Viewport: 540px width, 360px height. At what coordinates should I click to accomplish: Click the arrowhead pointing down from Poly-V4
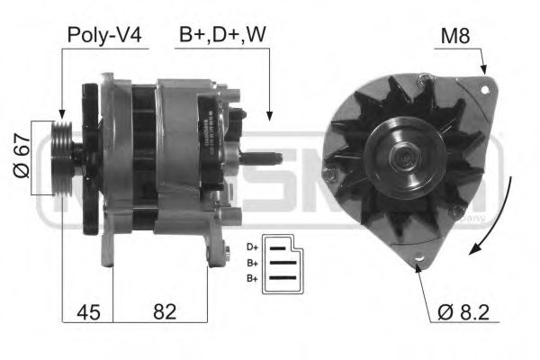click(x=61, y=112)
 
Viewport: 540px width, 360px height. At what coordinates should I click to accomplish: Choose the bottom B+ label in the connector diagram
click(x=251, y=278)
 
